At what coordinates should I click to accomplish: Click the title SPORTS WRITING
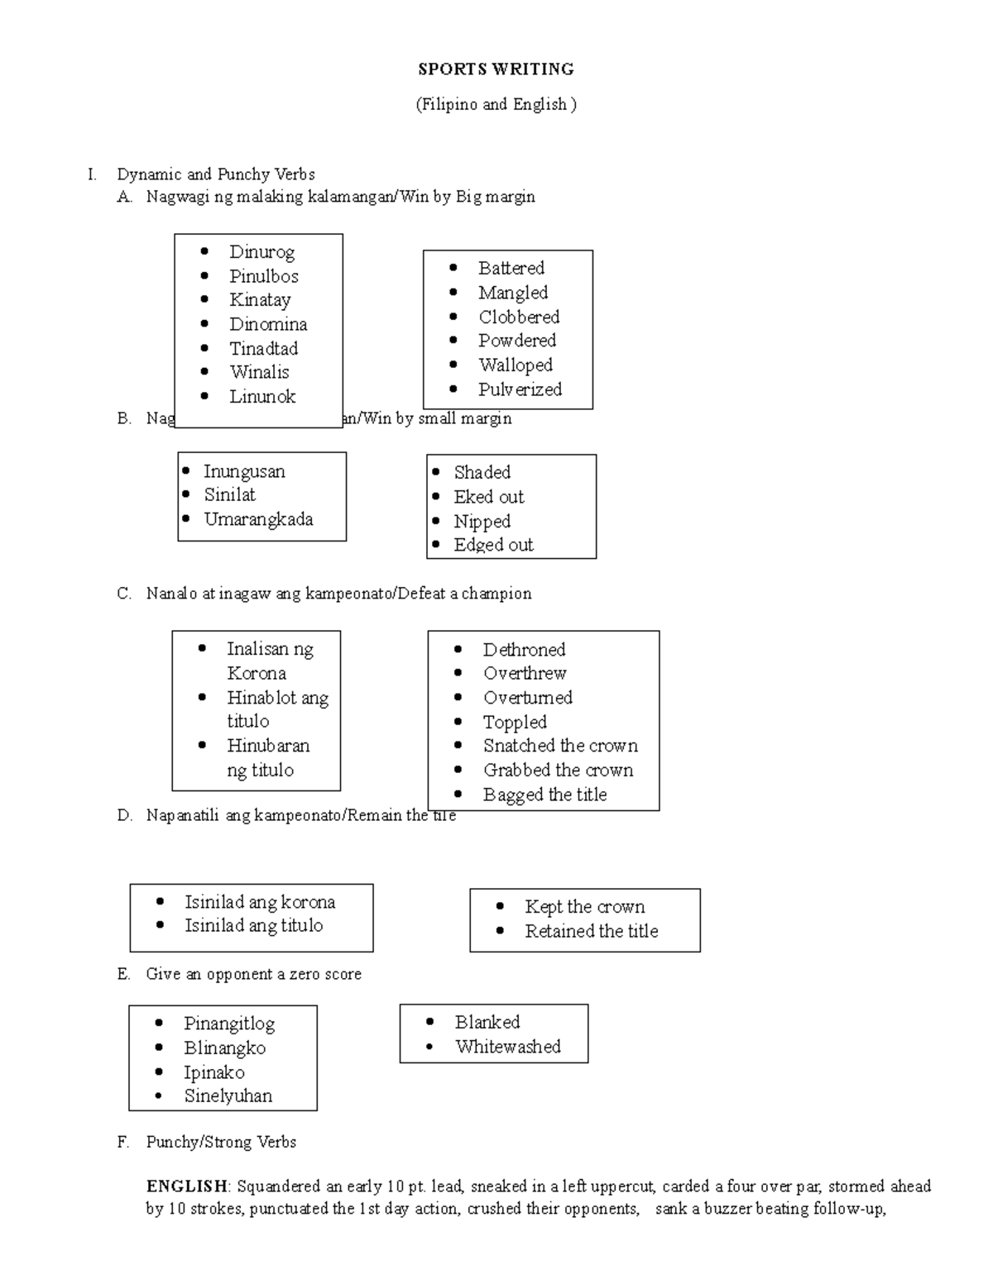[496, 69]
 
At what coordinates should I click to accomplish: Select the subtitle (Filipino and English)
[496, 104]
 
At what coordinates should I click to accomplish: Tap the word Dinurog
[261, 252]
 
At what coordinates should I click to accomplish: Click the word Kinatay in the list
[260, 300]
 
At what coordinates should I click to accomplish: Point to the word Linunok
[262, 397]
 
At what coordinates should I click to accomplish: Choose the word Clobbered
[519, 317]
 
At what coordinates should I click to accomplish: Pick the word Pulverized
[520, 389]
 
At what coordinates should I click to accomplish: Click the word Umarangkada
[258, 519]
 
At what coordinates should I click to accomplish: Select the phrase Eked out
[488, 497]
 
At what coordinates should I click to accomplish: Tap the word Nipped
[482, 522]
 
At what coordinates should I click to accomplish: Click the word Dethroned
[524, 650]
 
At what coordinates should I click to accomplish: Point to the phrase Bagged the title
[544, 795]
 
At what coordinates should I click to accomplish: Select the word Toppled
[515, 723]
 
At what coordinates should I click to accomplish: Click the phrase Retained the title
[591, 931]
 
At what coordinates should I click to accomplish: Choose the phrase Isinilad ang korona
[260, 902]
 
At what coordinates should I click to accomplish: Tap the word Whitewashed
[507, 1047]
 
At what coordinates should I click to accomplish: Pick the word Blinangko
[224, 1048]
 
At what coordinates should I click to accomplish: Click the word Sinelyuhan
[228, 1096]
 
